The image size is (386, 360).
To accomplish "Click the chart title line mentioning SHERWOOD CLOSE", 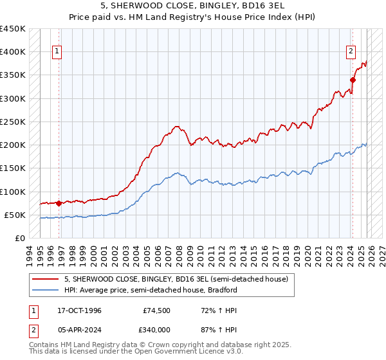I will (x=192, y=6).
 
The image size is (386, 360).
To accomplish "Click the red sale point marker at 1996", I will (x=59, y=203).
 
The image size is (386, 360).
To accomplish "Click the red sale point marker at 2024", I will (x=353, y=80).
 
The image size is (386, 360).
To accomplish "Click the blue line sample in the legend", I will (x=46, y=290).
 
